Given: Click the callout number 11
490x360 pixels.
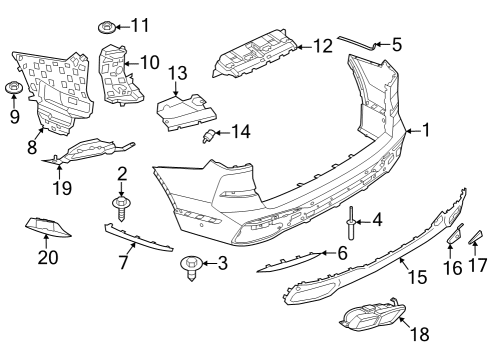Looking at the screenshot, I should coord(138,24).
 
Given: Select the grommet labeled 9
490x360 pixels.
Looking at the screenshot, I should coord(13,89).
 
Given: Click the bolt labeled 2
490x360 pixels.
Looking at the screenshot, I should coord(122,206).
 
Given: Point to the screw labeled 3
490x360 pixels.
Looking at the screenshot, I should coord(189,265).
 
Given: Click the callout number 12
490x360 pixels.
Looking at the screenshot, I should coord(322,45).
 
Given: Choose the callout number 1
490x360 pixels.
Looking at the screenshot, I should coord(426,129).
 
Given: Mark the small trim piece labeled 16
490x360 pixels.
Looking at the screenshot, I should coord(451,236).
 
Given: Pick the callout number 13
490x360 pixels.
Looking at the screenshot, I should coord(178,72).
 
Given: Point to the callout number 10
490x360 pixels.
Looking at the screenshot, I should coord(149,62).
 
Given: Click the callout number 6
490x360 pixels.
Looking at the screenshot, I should coord(342,253).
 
